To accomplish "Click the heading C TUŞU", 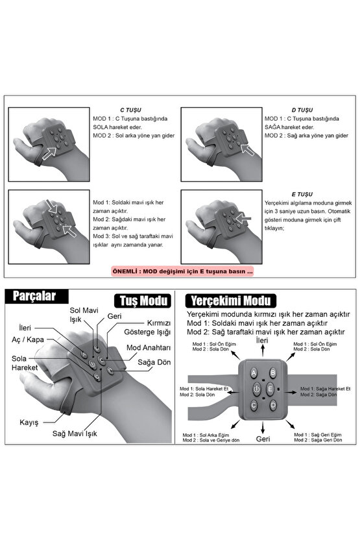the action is (x=130, y=110).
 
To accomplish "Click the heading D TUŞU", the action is (x=302, y=110).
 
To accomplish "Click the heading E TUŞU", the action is (x=302, y=194).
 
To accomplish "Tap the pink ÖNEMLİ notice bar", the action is (x=183, y=271).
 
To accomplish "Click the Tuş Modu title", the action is (x=143, y=301).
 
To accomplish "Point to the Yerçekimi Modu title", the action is (x=230, y=301).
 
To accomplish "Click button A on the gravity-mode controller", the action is (x=254, y=373).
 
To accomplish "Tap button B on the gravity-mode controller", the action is (x=272, y=373).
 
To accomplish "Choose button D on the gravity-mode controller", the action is (x=273, y=405).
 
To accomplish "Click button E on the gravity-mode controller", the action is (x=270, y=389).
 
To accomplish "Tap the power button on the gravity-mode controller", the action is (x=256, y=389).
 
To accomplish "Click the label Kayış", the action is (x=29, y=423).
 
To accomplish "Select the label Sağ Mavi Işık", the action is (x=75, y=434).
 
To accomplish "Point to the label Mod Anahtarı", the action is (x=149, y=348).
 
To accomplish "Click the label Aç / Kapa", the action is (x=28, y=340).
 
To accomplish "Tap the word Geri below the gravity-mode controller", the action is (x=263, y=439).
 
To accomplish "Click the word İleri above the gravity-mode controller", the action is (x=262, y=340).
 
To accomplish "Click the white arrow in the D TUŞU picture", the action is (x=247, y=150).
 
